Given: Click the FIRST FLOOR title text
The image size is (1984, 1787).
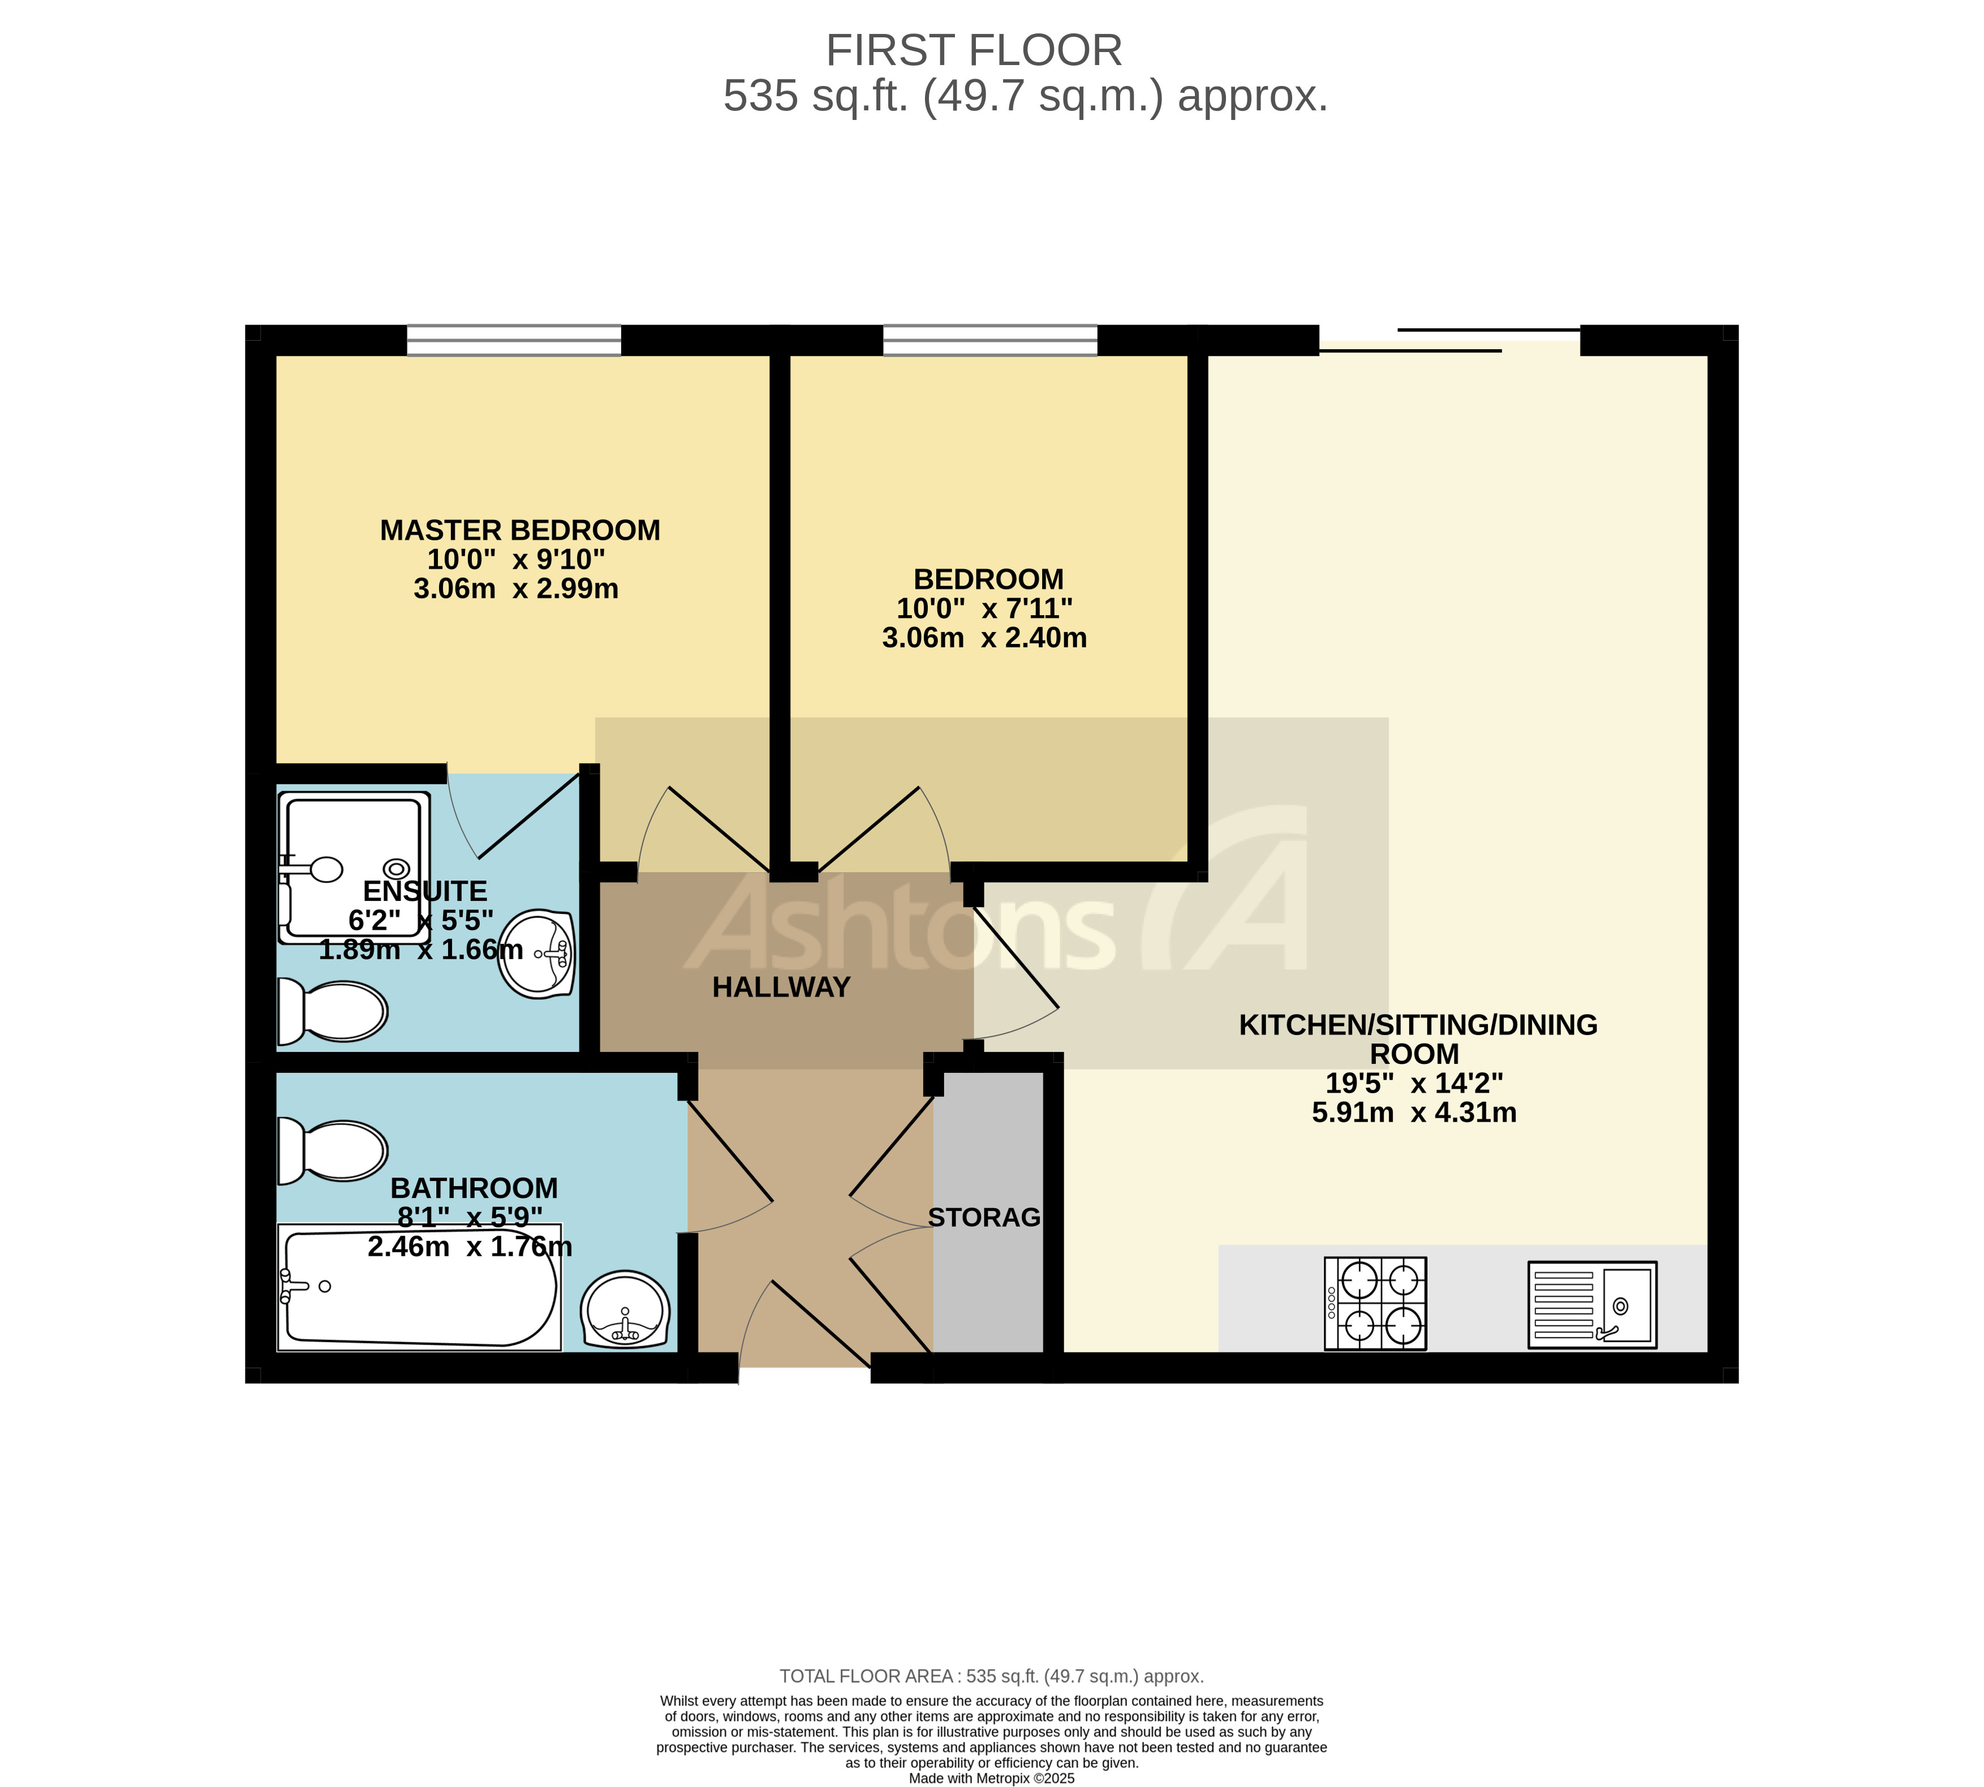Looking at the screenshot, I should coord(973,50).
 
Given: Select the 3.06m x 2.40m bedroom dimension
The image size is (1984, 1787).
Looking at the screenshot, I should coord(984,638).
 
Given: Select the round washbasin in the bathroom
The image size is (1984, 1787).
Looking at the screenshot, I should coord(625,1310).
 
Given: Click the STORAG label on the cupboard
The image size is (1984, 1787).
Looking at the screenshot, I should coord(984,1218).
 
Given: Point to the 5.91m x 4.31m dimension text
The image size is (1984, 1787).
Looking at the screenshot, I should coord(1414,1112).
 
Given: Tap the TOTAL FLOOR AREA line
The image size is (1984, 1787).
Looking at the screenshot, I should coord(992,1676).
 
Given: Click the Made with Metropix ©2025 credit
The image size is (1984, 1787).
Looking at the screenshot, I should coord(992,1778).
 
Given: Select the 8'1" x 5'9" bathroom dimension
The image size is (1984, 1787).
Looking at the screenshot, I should coord(469,1218).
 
